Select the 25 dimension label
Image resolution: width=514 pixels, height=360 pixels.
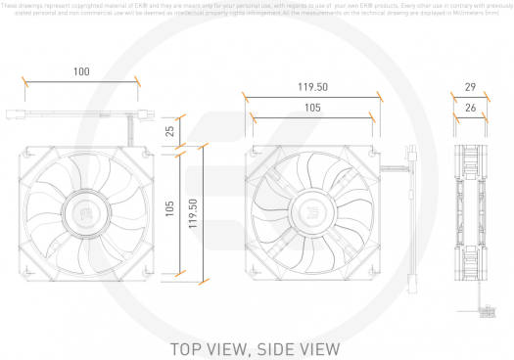click(170, 130)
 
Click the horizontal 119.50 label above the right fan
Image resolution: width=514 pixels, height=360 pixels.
click(311, 86)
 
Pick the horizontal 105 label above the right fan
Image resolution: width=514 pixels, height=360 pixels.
click(311, 107)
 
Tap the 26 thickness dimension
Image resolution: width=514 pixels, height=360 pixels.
click(470, 111)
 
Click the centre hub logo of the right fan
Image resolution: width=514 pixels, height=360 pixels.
click(311, 215)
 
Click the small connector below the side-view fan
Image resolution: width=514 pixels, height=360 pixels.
click(487, 312)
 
